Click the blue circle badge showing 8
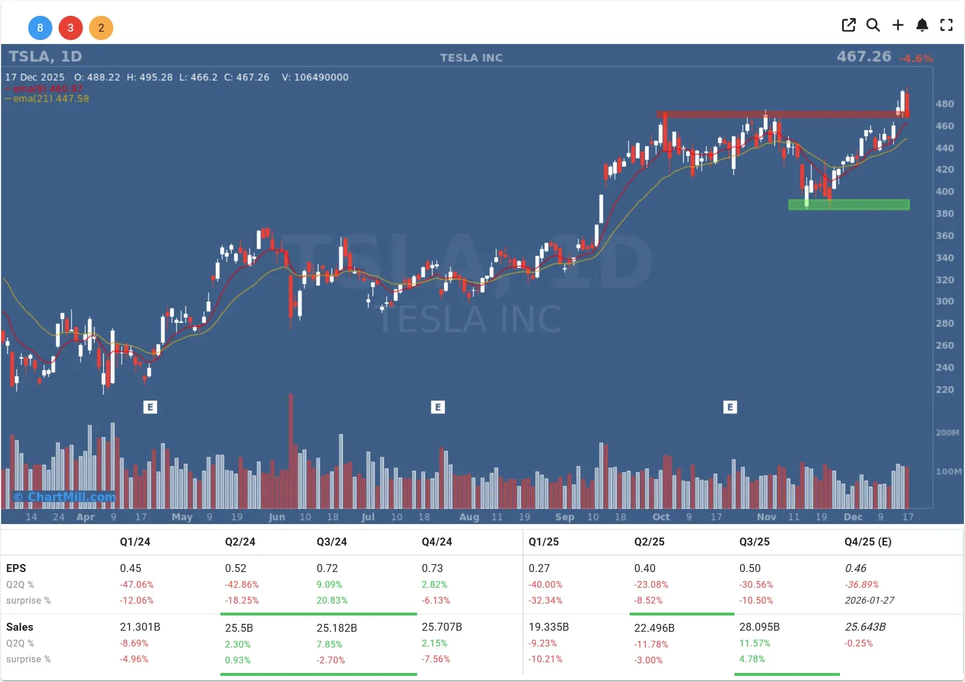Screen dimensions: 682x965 tap(40, 28)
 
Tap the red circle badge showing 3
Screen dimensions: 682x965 tap(70, 28)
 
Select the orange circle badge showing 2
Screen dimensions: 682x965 tap(101, 28)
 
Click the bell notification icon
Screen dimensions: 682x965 tap(922, 25)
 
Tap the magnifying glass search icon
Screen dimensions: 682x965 tap(873, 25)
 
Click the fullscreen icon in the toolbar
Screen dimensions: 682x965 tap(946, 25)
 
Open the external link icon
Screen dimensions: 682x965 tap(848, 25)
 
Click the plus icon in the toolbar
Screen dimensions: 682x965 tap(898, 25)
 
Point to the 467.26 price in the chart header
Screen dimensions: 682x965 tap(864, 56)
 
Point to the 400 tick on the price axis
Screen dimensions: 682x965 tap(945, 192)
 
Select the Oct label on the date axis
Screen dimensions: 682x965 tap(661, 517)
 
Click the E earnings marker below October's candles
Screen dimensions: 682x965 tap(730, 407)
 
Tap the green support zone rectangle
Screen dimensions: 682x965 tap(848, 205)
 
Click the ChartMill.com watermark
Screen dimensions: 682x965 tap(65, 497)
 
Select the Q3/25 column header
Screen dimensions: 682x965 tap(754, 542)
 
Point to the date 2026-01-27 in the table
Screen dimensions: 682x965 tap(869, 600)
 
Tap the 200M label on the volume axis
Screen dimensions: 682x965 tap(947, 433)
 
